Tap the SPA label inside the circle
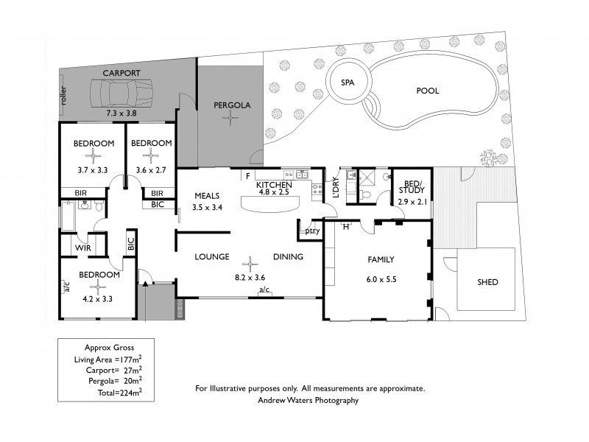348,83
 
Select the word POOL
427,91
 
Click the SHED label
487,281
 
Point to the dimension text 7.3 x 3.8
121,113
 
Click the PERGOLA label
232,105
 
